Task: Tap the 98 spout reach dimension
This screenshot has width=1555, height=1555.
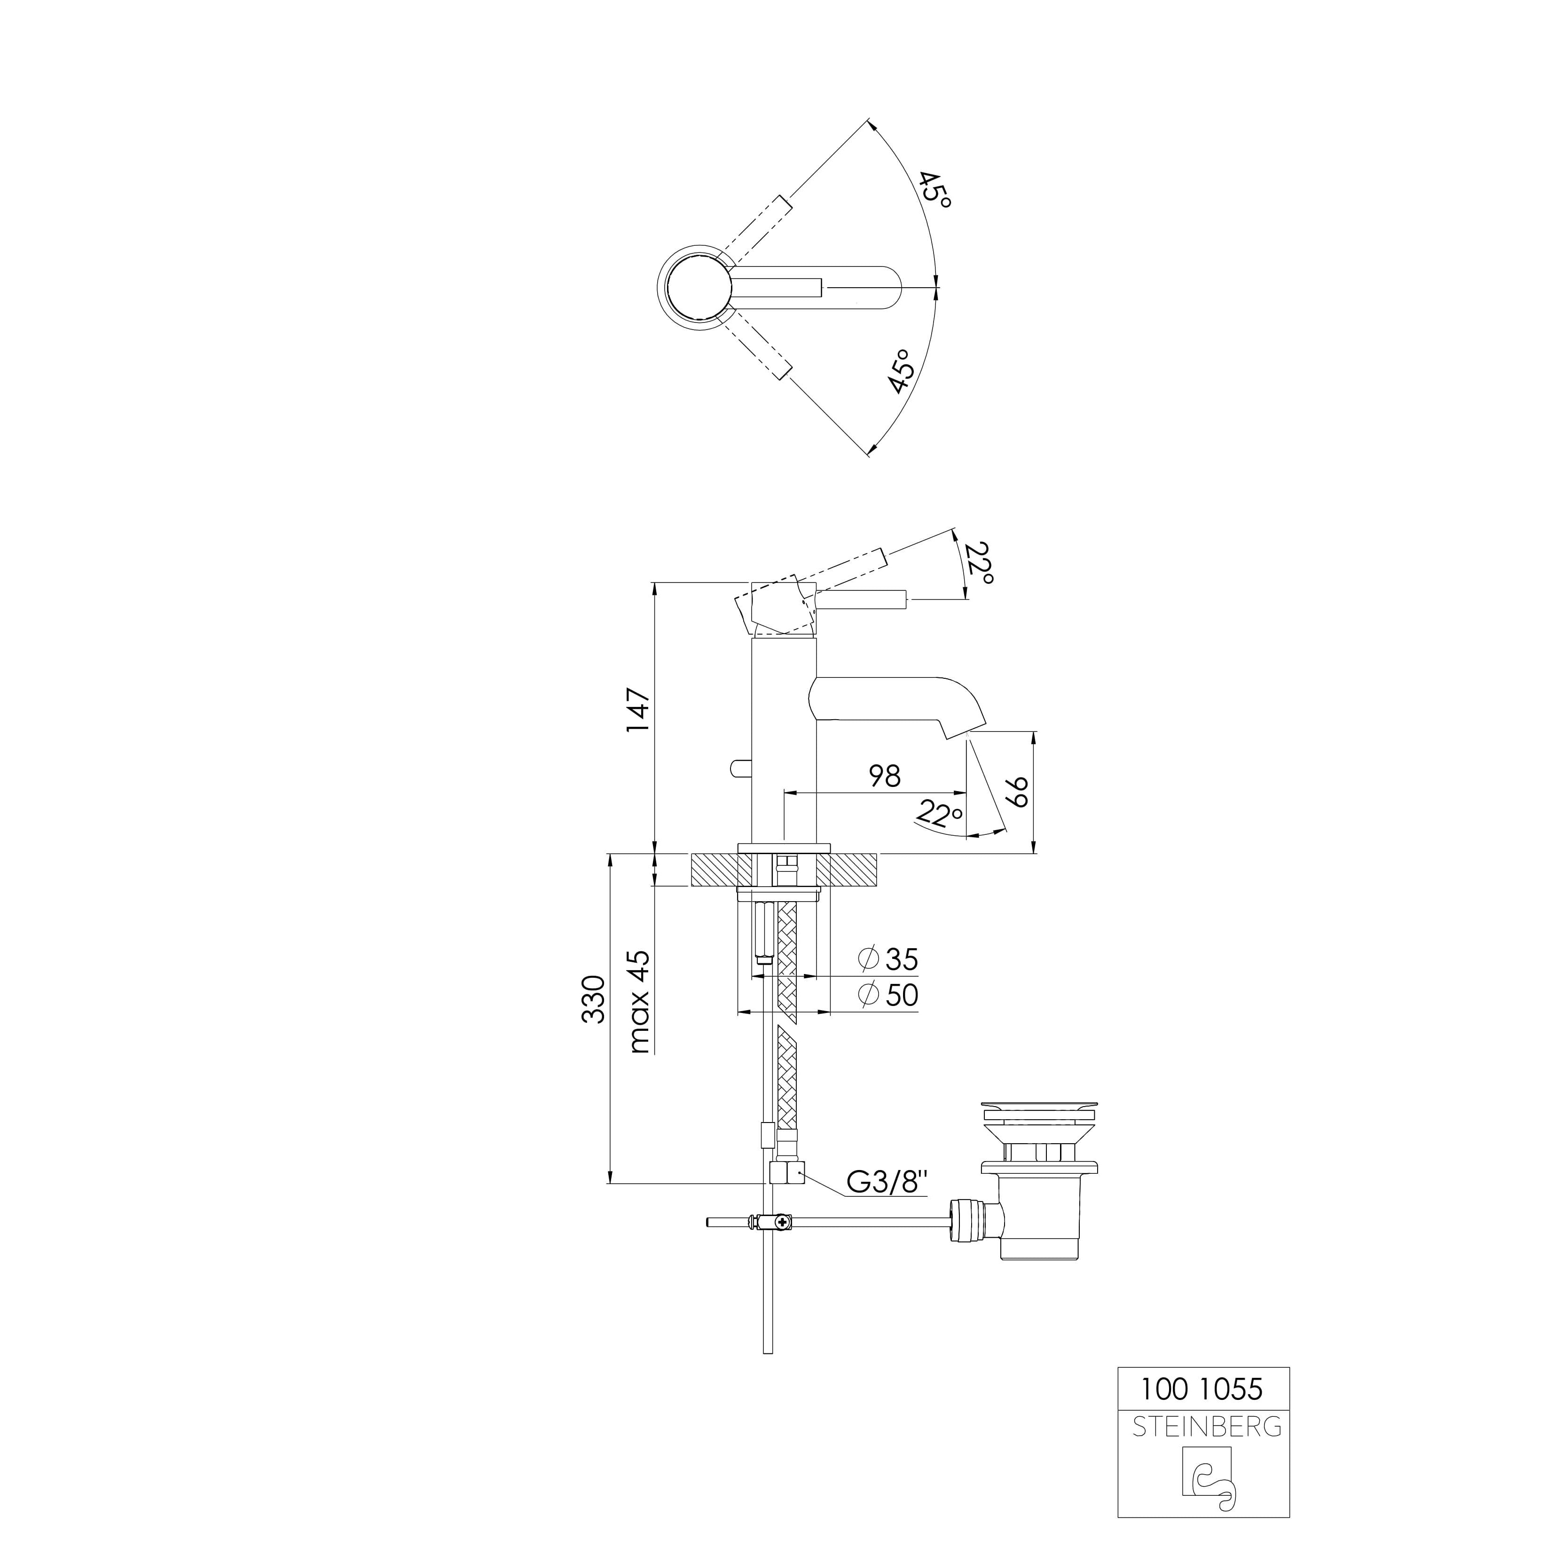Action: click(885, 776)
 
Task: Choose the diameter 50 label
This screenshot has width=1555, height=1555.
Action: click(888, 995)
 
